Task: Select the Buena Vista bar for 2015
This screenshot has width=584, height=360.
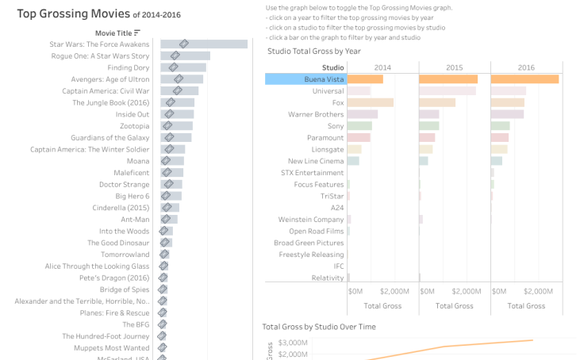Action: point(448,79)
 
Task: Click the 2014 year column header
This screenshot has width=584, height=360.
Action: point(382,67)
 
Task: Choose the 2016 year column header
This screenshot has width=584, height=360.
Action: point(527,67)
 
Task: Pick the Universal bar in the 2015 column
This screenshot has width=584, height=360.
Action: point(448,91)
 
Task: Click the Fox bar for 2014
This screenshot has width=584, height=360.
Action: point(371,103)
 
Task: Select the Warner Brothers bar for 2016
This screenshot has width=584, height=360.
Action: point(507,114)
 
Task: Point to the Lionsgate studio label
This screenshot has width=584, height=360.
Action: point(328,149)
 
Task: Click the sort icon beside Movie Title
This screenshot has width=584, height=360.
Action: point(137,33)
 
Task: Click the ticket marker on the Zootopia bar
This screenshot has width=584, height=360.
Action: point(167,126)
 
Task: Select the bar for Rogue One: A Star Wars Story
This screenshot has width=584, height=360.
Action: point(185,56)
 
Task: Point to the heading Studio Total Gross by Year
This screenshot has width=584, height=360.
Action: point(314,51)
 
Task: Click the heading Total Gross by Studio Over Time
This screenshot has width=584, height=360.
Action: point(319,326)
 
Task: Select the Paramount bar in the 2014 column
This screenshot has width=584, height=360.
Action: point(359,137)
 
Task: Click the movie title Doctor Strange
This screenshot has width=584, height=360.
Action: point(124,184)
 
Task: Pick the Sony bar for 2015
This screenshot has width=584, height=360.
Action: point(428,126)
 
